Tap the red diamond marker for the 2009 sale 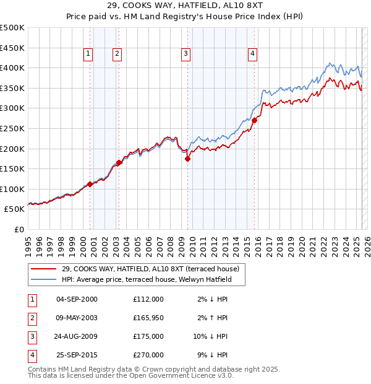[x=187, y=159]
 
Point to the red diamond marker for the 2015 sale [x=254, y=120]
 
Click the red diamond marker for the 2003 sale [x=119, y=162]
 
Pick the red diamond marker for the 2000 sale [x=90, y=184]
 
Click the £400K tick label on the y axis [x=12, y=68]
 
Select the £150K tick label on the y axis [x=12, y=168]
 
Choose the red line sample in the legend [x=44, y=268]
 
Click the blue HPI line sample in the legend [x=44, y=279]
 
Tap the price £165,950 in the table [x=148, y=318]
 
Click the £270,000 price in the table [x=148, y=355]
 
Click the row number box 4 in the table [x=31, y=355]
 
